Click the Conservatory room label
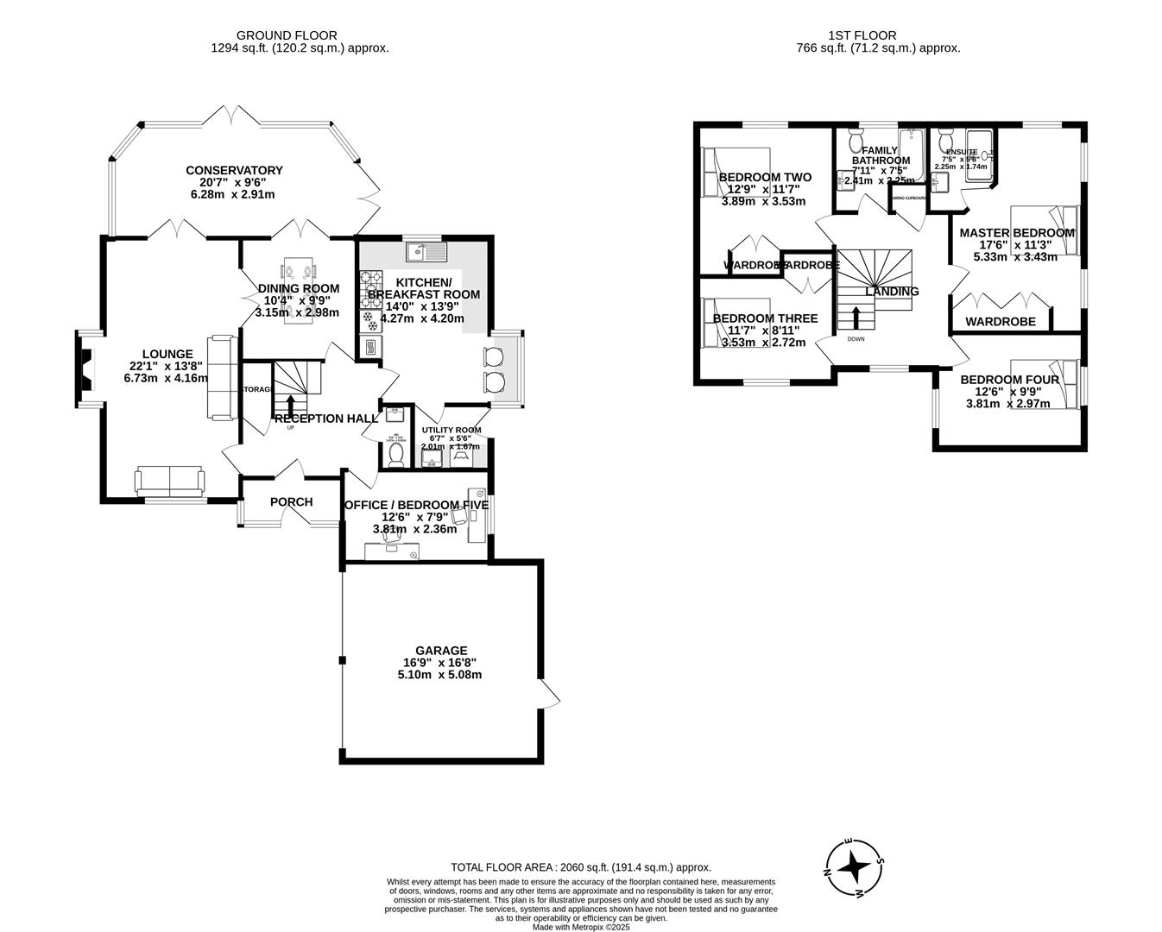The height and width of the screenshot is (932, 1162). tap(234, 170)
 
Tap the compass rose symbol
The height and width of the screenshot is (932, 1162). tap(854, 866)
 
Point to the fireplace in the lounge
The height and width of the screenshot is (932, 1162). tap(85, 367)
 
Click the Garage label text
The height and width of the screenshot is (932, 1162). tap(440, 651)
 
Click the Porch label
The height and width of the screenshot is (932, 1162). tap(291, 502)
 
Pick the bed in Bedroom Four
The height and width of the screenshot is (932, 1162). tap(1045, 384)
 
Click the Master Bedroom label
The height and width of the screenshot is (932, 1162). tap(1016, 233)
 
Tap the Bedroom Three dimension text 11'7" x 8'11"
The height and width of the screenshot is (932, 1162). tap(763, 331)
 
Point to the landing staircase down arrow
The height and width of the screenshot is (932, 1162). tap(856, 318)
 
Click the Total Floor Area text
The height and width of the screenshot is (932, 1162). tap(580, 867)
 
